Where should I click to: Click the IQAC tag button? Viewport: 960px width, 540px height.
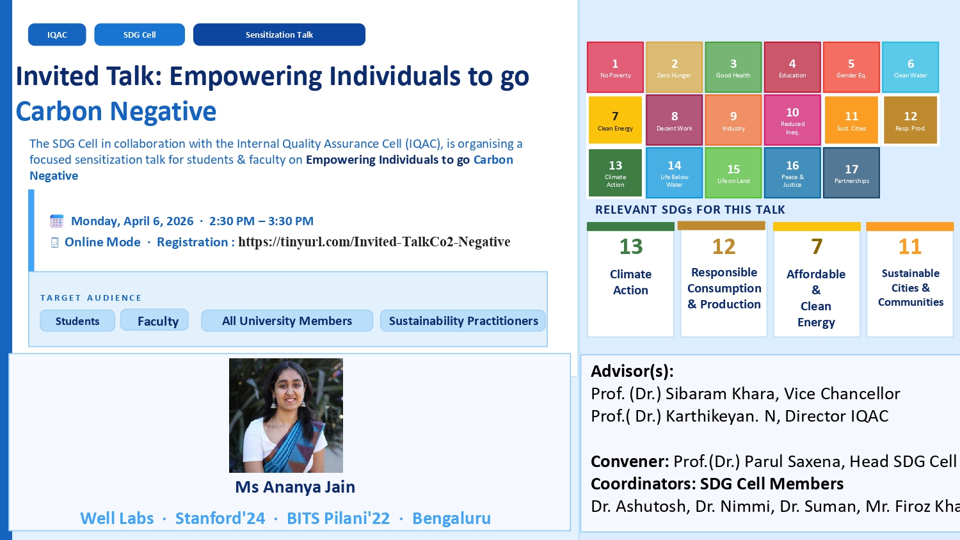click(x=57, y=35)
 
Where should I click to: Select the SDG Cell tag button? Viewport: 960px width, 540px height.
click(x=140, y=35)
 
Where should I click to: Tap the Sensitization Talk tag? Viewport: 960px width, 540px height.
click(x=280, y=35)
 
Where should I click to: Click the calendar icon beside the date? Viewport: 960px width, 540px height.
click(x=56, y=221)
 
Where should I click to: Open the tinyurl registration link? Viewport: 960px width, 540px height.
click(x=374, y=242)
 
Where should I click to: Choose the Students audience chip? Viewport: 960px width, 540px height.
click(x=77, y=321)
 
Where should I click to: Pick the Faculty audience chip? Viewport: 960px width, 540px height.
click(x=154, y=320)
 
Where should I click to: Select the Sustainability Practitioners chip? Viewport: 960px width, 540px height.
click(x=463, y=321)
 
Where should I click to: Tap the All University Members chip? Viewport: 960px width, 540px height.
click(x=287, y=321)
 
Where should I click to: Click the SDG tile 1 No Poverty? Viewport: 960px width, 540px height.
click(x=616, y=67)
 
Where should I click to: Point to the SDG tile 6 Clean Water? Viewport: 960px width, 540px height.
click(x=910, y=67)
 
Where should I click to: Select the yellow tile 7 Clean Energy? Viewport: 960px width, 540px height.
click(x=616, y=120)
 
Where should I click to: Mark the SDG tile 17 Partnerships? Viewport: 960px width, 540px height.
click(x=852, y=173)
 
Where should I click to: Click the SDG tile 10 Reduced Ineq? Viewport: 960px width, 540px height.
click(x=792, y=120)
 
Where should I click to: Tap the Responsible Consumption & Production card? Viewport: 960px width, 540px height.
click(x=724, y=280)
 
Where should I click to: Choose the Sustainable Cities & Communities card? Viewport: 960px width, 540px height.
click(x=910, y=280)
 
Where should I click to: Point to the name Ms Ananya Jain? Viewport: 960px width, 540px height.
click(x=295, y=487)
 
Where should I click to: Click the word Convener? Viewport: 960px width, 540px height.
click(x=629, y=461)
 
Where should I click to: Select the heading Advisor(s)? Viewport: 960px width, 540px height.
click(x=632, y=371)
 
